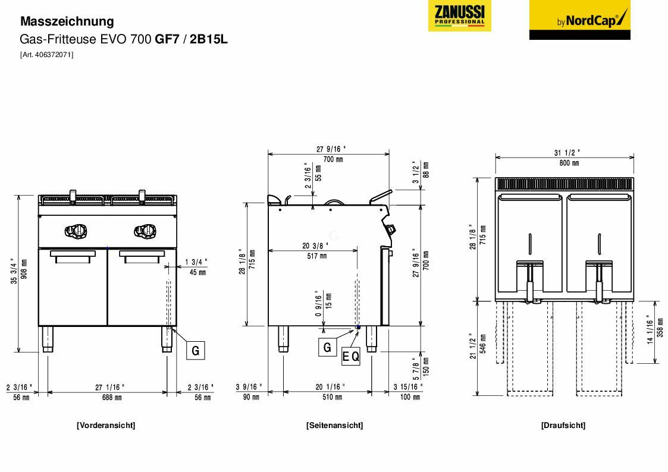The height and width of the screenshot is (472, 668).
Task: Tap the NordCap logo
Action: [x=579, y=20]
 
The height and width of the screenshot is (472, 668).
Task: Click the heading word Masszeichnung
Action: [x=67, y=21]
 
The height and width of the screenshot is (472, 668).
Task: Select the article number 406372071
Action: [x=47, y=55]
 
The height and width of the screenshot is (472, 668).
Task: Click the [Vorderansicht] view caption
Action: [x=106, y=425]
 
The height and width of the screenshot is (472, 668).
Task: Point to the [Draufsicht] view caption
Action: [x=563, y=425]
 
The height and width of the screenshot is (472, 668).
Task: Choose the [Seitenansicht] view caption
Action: [x=334, y=425]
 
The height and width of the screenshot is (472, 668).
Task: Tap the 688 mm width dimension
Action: [x=109, y=398]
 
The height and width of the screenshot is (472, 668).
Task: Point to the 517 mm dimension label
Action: [x=315, y=256]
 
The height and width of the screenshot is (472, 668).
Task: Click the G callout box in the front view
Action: [x=196, y=351]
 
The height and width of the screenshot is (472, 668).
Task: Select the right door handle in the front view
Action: [x=142, y=254]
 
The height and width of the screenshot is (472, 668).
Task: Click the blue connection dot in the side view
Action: [x=358, y=327]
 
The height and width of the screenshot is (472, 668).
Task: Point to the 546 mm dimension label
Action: [x=483, y=347]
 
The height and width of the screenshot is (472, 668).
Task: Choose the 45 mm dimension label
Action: [x=197, y=273]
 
